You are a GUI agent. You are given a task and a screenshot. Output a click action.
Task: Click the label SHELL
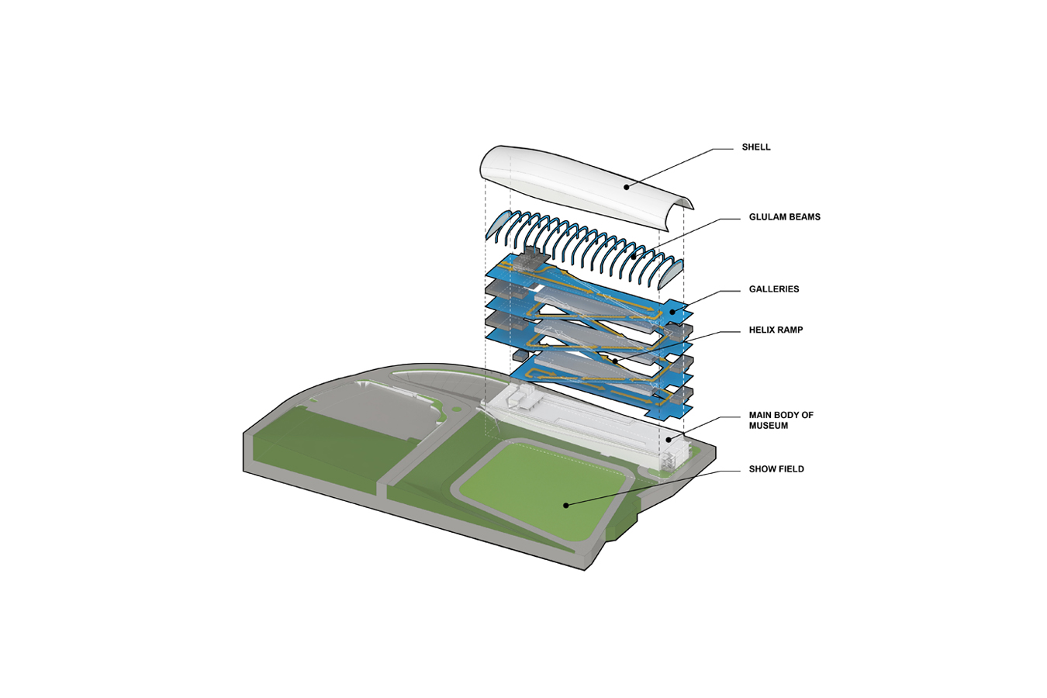coord(756,147)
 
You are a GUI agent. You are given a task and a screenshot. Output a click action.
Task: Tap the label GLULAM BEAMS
coord(784,217)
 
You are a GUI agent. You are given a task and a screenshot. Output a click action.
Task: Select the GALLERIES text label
coord(773,289)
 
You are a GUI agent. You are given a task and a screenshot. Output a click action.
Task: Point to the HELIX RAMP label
coord(776,330)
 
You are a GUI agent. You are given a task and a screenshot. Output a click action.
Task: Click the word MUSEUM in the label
coord(768,426)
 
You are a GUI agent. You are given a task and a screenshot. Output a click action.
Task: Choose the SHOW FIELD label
coord(776,469)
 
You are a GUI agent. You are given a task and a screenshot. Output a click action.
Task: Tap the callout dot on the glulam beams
coord(633,256)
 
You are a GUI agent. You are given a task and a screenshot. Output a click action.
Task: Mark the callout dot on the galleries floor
coord(672,312)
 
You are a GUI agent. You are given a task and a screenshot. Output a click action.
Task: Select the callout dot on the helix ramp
coord(614,360)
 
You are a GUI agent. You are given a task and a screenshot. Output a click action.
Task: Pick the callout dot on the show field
coord(566,505)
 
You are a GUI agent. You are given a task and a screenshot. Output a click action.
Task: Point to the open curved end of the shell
coord(682,205)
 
